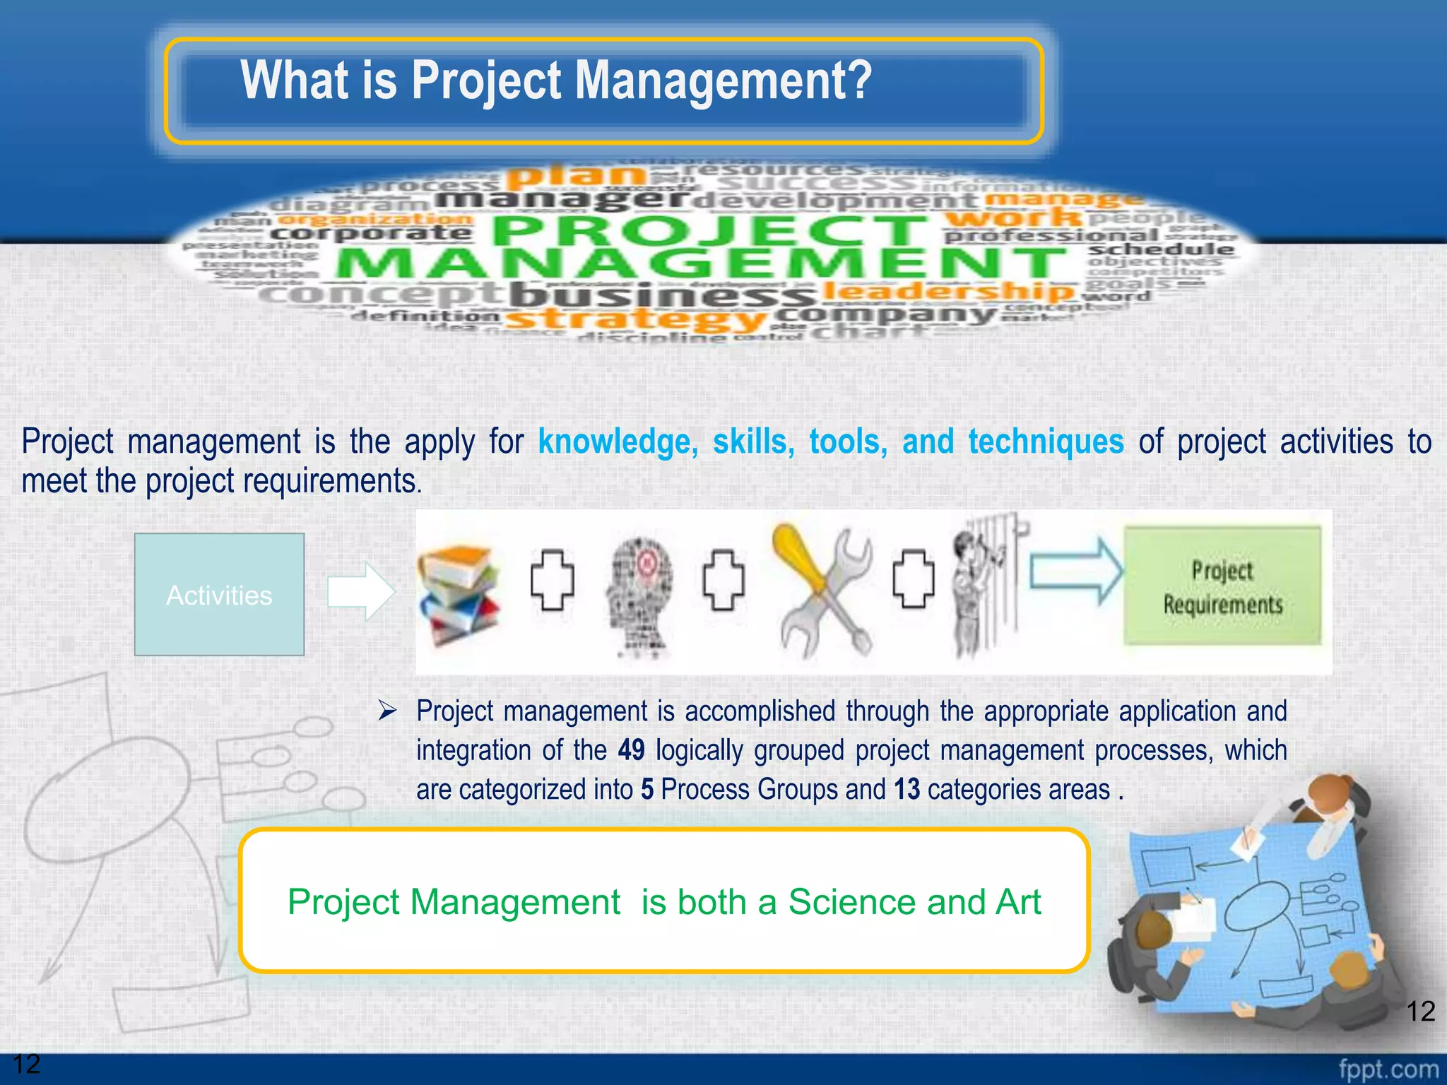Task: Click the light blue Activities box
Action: [219, 595]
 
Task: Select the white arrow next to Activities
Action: [361, 591]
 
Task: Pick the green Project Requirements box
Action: [1222, 586]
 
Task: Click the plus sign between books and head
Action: [552, 580]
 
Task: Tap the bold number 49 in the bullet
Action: [631, 750]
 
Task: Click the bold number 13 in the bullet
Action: [906, 790]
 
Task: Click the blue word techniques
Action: [1046, 442]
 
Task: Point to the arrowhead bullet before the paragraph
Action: [387, 710]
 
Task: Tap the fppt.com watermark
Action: [1388, 1069]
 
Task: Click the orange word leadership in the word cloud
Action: [947, 290]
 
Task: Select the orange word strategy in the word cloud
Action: [636, 319]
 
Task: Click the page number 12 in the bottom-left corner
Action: [27, 1064]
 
